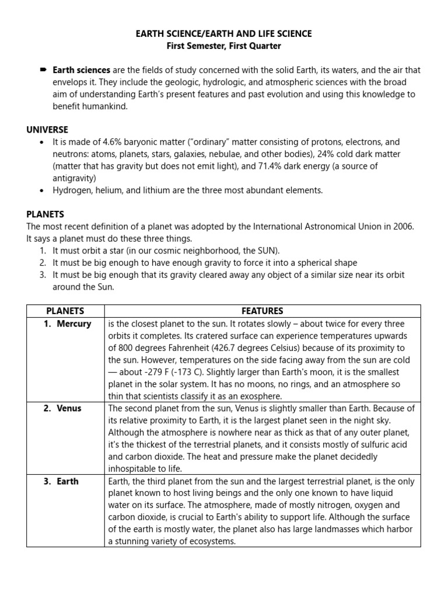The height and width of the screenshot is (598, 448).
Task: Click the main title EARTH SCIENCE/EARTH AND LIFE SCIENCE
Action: (224, 34)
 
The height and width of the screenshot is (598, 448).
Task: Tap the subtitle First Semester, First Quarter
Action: (224, 46)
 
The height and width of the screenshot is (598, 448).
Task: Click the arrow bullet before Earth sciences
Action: (43, 70)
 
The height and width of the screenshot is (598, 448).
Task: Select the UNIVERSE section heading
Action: (47, 130)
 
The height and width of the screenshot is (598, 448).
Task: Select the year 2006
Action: (403, 227)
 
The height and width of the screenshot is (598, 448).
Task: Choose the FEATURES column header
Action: (262, 311)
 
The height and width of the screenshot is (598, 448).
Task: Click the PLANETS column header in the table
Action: (65, 311)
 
